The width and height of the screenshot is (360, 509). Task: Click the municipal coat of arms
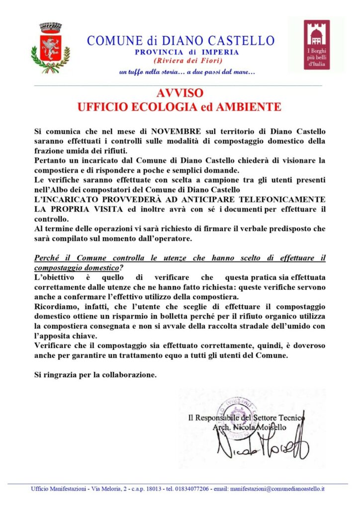click(x=50, y=47)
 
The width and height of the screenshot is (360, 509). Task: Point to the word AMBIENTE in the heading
click(x=250, y=107)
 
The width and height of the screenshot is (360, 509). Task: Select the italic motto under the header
click(x=187, y=72)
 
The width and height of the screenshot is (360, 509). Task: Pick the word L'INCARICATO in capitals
click(x=63, y=199)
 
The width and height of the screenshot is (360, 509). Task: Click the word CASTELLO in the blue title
click(x=240, y=40)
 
